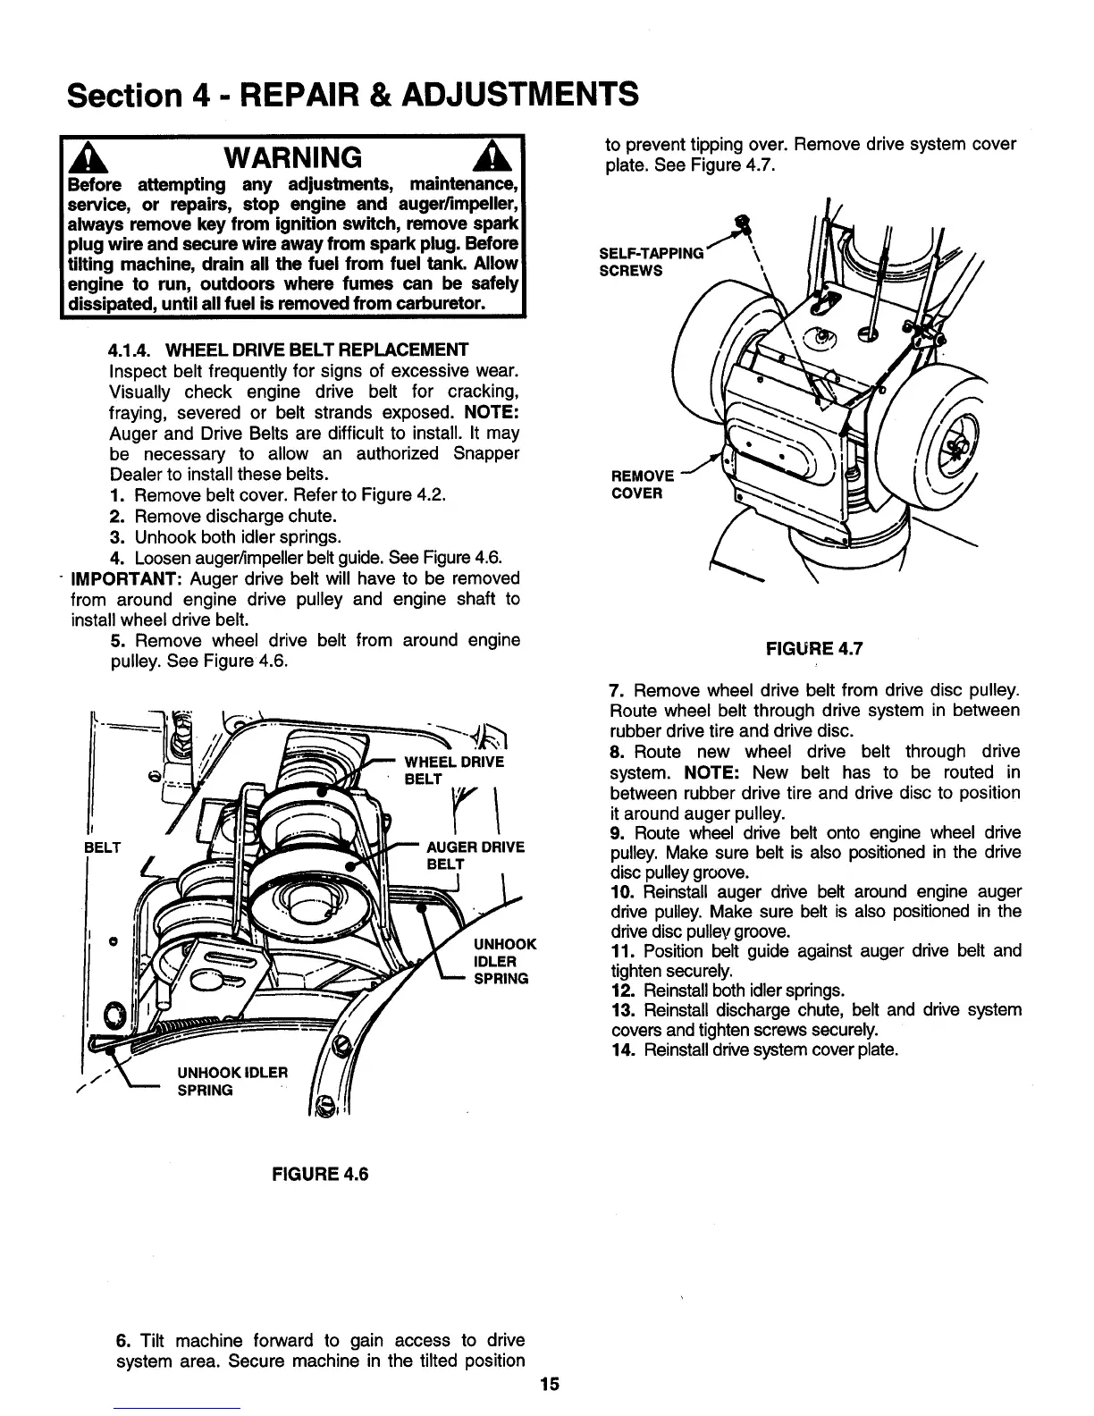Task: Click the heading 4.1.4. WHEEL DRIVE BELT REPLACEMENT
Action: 288,349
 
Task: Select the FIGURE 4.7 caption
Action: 814,650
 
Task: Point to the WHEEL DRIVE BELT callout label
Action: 454,770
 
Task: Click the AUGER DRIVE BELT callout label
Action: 463,855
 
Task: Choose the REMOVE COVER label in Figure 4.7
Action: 642,485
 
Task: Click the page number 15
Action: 549,1385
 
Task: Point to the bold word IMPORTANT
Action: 126,578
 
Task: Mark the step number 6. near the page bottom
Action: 124,1341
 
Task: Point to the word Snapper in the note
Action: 486,453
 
